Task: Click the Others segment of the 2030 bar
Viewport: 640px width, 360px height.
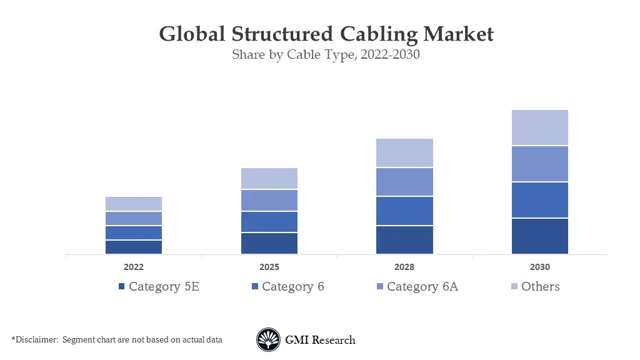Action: (539, 127)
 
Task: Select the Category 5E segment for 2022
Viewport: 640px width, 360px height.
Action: (134, 247)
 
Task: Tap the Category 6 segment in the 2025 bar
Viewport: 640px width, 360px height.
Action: (269, 222)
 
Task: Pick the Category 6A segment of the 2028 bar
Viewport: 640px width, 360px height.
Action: (404, 182)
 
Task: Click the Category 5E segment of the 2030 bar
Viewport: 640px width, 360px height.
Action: (539, 236)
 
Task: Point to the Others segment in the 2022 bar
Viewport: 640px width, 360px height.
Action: (134, 204)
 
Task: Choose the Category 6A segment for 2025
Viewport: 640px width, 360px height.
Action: (269, 200)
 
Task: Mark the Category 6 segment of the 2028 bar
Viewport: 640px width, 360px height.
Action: (404, 211)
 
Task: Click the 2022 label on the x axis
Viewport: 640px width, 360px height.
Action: (134, 267)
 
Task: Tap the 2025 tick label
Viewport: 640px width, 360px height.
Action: (269, 267)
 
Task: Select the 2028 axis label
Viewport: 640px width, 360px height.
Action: (404, 267)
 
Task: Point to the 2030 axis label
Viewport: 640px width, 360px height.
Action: (539, 267)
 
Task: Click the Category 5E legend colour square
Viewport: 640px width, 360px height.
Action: (121, 287)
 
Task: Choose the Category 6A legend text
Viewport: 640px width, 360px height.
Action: (422, 287)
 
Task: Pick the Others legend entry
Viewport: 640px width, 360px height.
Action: (540, 287)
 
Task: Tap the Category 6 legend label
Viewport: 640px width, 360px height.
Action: (292, 287)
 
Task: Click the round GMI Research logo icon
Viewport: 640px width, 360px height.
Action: (268, 340)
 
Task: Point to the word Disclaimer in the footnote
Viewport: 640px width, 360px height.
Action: (34, 340)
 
